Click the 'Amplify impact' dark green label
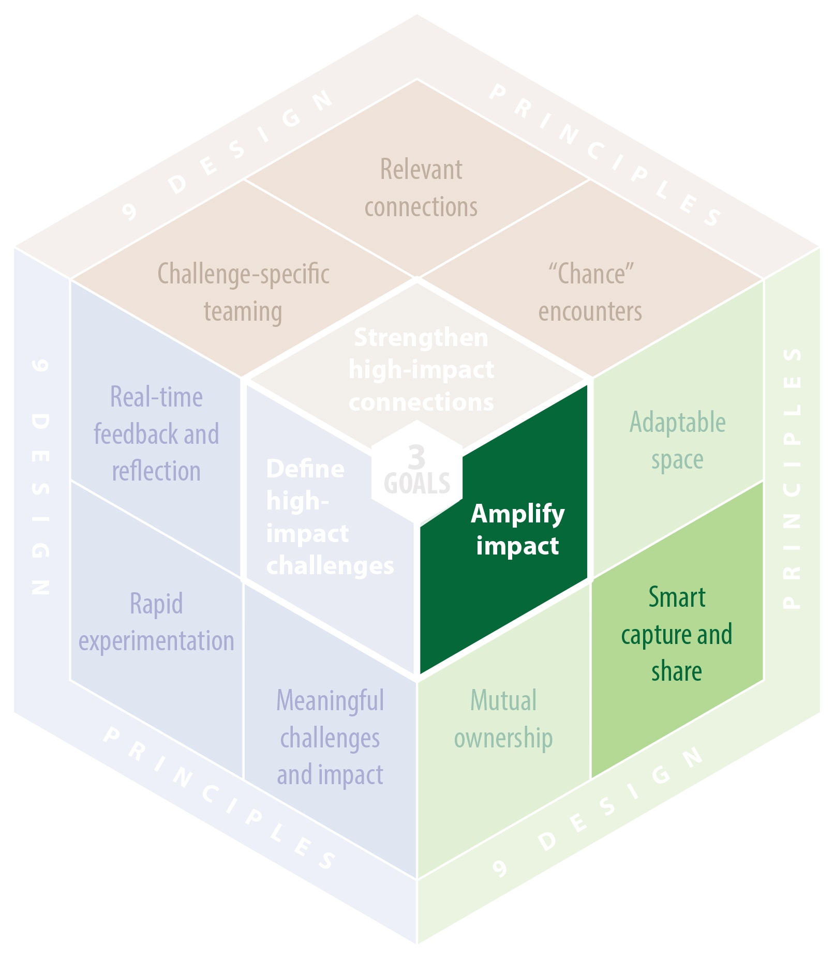(x=517, y=530)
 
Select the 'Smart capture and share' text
(x=677, y=634)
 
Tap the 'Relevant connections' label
(x=421, y=188)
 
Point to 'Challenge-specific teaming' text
(x=243, y=293)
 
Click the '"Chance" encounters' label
(x=590, y=293)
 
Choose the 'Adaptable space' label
(x=677, y=441)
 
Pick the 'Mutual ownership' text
(x=503, y=719)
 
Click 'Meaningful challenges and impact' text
(x=330, y=738)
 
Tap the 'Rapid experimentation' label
(x=156, y=622)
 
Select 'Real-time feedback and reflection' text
(x=156, y=434)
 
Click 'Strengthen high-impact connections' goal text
(x=421, y=369)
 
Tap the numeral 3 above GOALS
(x=416, y=457)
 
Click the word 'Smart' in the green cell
(x=677, y=597)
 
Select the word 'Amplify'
(x=517, y=514)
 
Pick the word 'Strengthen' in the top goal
(x=421, y=338)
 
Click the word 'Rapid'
(x=156, y=604)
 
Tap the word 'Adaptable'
(x=677, y=422)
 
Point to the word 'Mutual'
(x=503, y=700)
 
